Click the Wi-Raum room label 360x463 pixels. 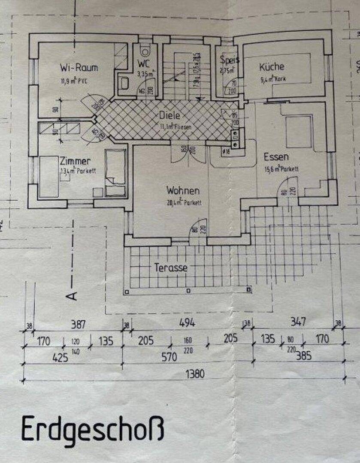point(79,68)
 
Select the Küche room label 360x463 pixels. point(271,67)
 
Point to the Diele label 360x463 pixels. point(169,115)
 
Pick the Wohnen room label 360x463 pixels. point(183,190)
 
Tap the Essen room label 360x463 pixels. point(276,157)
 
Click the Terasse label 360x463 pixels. point(171,268)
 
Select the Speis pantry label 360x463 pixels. point(229,60)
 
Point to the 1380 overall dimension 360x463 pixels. point(194,374)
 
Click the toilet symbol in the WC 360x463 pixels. point(146,51)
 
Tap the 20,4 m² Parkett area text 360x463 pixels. point(184,203)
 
